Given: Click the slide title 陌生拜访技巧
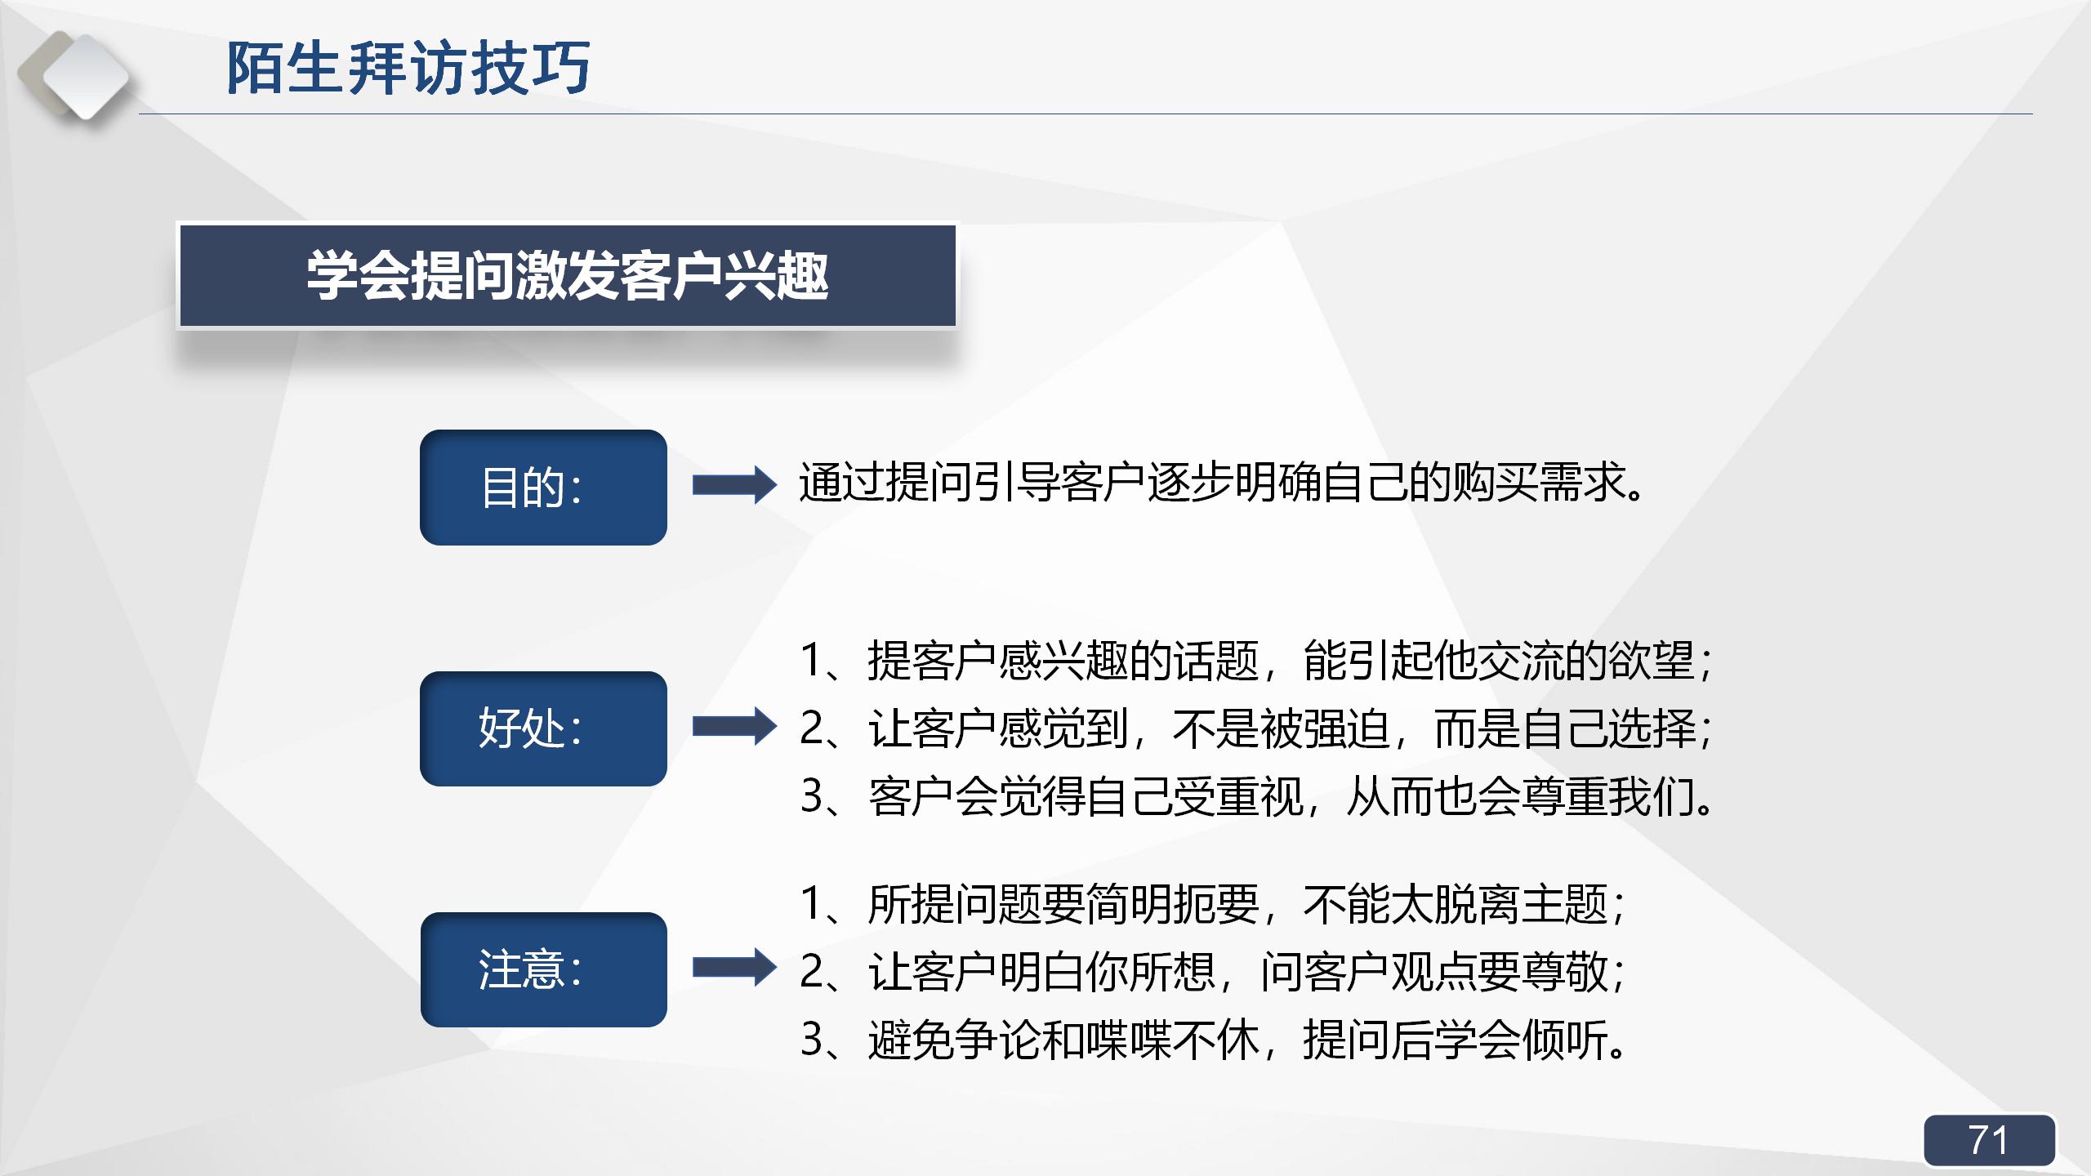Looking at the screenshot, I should coord(408,68).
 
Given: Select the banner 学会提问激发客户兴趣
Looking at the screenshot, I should coord(567,276).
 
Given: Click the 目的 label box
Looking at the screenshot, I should coord(543,488).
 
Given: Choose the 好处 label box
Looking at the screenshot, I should coord(543,728).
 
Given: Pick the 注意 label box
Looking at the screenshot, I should coord(543,969).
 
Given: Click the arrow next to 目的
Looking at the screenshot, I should coord(733,485).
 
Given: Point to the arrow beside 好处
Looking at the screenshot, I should coord(733,726).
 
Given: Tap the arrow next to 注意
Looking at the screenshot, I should coord(733,968).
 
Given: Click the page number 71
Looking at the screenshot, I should coord(1988,1140).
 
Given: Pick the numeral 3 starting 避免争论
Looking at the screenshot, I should coord(812,1040).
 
